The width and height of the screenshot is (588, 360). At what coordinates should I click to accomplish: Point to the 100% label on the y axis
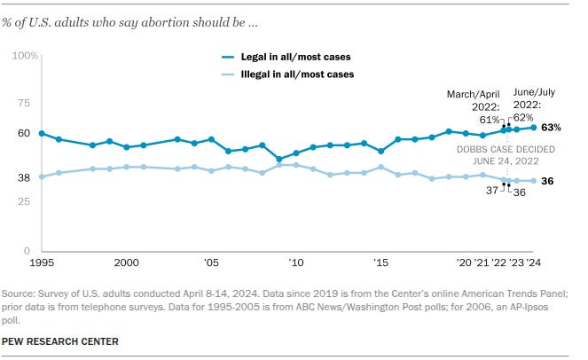tap(23, 56)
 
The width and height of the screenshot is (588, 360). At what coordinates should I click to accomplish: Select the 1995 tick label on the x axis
tap(42, 263)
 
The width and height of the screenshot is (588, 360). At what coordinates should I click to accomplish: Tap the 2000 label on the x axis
tap(126, 263)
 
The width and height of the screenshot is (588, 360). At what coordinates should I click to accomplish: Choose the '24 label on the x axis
tap(533, 263)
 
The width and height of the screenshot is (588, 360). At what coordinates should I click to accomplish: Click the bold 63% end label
tap(551, 128)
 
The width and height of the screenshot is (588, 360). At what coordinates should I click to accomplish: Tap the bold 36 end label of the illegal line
tap(548, 181)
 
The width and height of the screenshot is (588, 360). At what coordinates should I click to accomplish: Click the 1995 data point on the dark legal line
tap(42, 133)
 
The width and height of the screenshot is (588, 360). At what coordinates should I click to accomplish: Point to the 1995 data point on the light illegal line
tap(42, 176)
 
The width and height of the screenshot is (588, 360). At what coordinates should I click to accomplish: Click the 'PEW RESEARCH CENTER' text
tap(60, 340)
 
